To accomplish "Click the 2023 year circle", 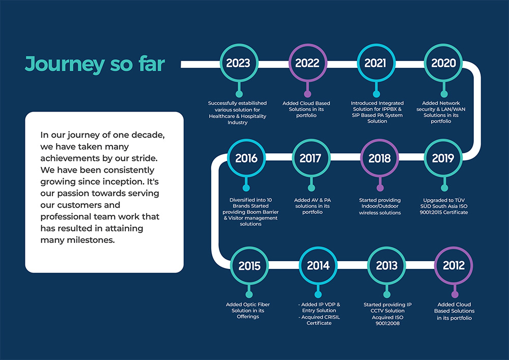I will pos(238,63).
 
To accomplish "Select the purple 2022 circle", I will pos(307,63).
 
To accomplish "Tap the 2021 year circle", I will pos(376,63).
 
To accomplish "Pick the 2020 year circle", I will pos(443,63).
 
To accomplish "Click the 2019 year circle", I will pos(443,158).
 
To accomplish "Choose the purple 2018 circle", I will pos(379,158).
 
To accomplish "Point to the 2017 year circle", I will pos(310,158).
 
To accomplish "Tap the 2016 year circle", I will pos(246,158).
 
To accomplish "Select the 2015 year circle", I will pos(249,266).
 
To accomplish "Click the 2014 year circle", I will pos(318,266).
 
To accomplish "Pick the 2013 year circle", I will pos(386,266).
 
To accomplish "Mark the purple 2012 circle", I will pos(454,266).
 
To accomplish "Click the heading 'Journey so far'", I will pos(95,64).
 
